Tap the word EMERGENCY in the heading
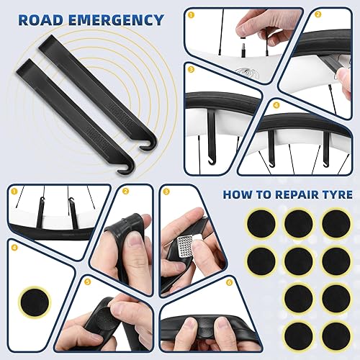[x=114, y=19]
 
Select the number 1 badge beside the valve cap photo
[x=192, y=14]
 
